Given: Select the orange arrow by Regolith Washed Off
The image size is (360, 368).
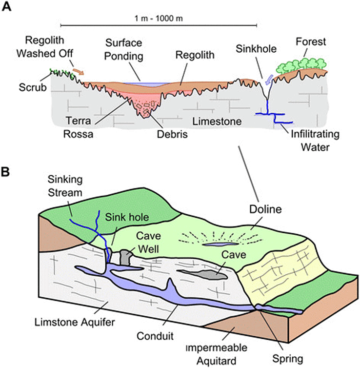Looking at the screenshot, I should pyautogui.click(x=78, y=72).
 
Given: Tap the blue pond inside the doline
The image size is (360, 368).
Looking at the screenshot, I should pyautogui.click(x=219, y=242).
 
